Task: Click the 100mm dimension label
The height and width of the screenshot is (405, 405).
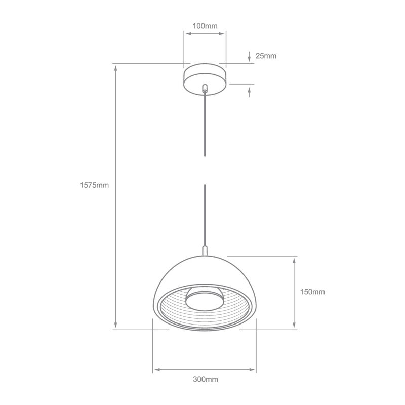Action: [205, 25]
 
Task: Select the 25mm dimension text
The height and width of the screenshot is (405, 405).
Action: [266, 56]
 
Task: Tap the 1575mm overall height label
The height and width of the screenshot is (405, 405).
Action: [94, 185]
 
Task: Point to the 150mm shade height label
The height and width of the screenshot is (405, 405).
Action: [312, 292]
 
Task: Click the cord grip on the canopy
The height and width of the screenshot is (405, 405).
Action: [205, 88]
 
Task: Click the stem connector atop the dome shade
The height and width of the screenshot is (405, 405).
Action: [205, 251]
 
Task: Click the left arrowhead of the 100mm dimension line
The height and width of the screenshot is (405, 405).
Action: [187, 34]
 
